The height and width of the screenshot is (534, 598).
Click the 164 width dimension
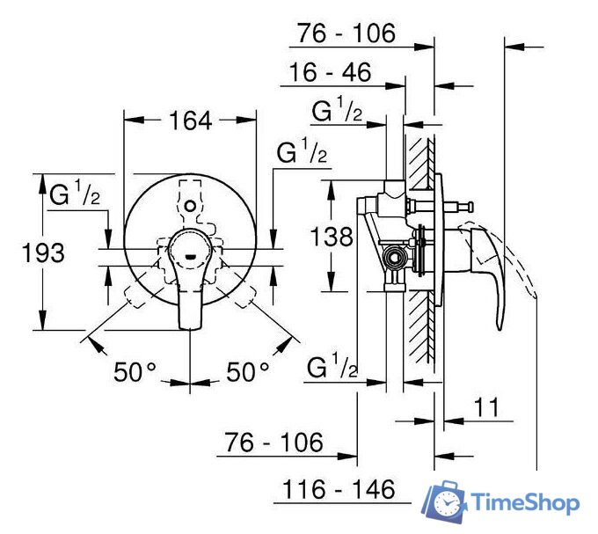(191, 121)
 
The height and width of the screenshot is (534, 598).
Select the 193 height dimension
(43, 253)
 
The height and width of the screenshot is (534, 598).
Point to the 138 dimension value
(332, 236)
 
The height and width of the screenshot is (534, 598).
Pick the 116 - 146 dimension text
(339, 488)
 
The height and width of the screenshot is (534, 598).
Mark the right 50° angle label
(248, 372)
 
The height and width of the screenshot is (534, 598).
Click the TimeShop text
(525, 503)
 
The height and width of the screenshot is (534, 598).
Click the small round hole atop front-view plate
(191, 204)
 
